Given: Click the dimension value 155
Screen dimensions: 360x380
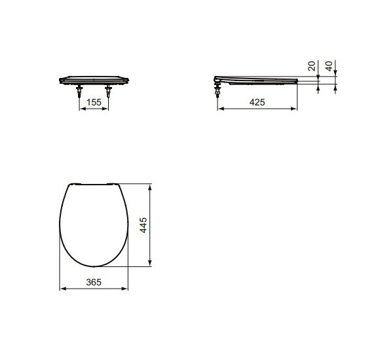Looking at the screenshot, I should tap(94, 103).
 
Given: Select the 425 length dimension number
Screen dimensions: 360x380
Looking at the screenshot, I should tap(257, 103).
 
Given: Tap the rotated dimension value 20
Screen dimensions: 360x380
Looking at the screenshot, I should tap(312, 66).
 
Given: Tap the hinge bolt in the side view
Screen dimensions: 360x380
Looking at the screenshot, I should tap(217, 88).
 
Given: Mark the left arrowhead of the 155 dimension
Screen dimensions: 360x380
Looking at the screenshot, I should tap(81, 109).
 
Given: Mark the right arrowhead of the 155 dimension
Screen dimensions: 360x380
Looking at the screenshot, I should tap(107, 109).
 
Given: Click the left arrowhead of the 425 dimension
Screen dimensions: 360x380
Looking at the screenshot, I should tap(219, 109).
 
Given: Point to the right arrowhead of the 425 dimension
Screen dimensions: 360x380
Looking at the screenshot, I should tap(296, 109).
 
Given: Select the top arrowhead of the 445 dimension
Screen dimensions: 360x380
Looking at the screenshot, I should tap(151, 187).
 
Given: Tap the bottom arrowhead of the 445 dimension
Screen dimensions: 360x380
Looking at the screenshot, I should tap(151, 265).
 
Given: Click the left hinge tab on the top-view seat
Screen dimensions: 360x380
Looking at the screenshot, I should tap(75, 183).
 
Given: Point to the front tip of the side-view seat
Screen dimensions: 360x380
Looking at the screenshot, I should tap(298, 81).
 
